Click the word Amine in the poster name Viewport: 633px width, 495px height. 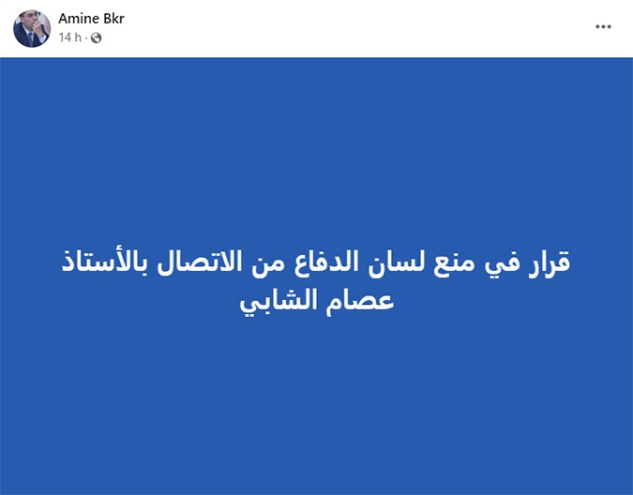click(x=79, y=19)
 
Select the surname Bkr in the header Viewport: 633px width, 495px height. click(x=113, y=19)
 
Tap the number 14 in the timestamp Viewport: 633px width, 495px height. click(x=65, y=37)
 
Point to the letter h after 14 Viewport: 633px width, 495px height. click(x=78, y=37)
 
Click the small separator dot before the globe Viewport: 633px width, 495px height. click(x=86, y=37)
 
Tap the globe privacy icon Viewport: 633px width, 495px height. click(x=96, y=37)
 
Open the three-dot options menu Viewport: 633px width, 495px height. click(x=603, y=26)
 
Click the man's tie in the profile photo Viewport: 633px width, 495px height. click(x=30, y=37)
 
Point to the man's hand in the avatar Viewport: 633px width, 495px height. click(x=38, y=26)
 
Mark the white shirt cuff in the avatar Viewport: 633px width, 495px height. click(x=43, y=38)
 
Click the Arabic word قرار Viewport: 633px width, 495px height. click(x=550, y=262)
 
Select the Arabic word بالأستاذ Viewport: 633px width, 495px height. click(x=104, y=262)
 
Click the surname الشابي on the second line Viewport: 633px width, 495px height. click(x=278, y=302)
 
